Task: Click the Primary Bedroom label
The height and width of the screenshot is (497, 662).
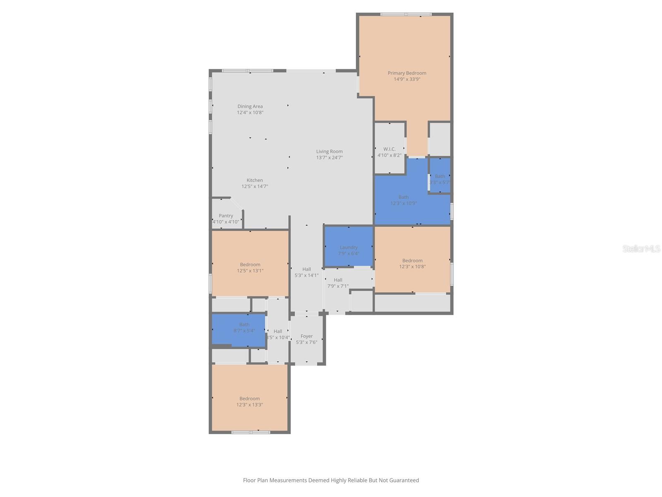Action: click(407, 73)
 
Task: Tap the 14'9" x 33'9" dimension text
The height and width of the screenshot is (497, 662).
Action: click(407, 79)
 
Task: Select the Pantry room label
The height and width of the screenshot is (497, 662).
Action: click(226, 215)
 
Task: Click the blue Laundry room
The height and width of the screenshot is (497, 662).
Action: click(349, 247)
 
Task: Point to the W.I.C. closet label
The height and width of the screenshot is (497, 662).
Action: click(389, 149)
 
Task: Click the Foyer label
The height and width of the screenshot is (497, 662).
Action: click(307, 336)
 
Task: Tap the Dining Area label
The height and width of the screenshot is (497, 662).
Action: click(250, 106)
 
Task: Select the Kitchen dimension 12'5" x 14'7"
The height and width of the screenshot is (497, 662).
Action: click(255, 186)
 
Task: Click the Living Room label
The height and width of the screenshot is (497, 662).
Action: click(329, 152)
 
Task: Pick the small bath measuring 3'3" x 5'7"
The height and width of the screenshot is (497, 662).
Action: click(440, 176)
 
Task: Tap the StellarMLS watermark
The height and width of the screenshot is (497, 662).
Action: click(641, 248)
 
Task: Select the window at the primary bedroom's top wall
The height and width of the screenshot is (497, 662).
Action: click(406, 14)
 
